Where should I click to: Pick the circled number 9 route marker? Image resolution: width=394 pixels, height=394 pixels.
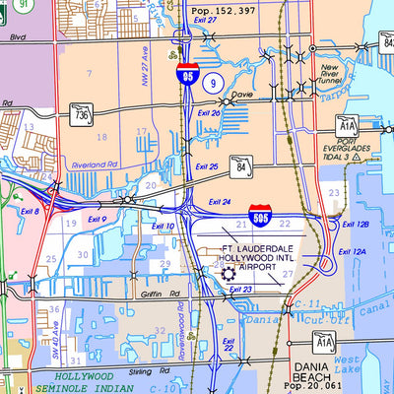point(212,85)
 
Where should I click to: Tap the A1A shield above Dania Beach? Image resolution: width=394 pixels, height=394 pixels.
point(324,342)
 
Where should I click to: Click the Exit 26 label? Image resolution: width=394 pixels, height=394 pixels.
point(208,113)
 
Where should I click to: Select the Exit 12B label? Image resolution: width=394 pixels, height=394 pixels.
point(355,226)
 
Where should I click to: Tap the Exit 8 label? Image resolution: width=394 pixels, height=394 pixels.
point(30,211)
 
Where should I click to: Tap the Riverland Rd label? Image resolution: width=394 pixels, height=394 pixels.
point(94,165)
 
